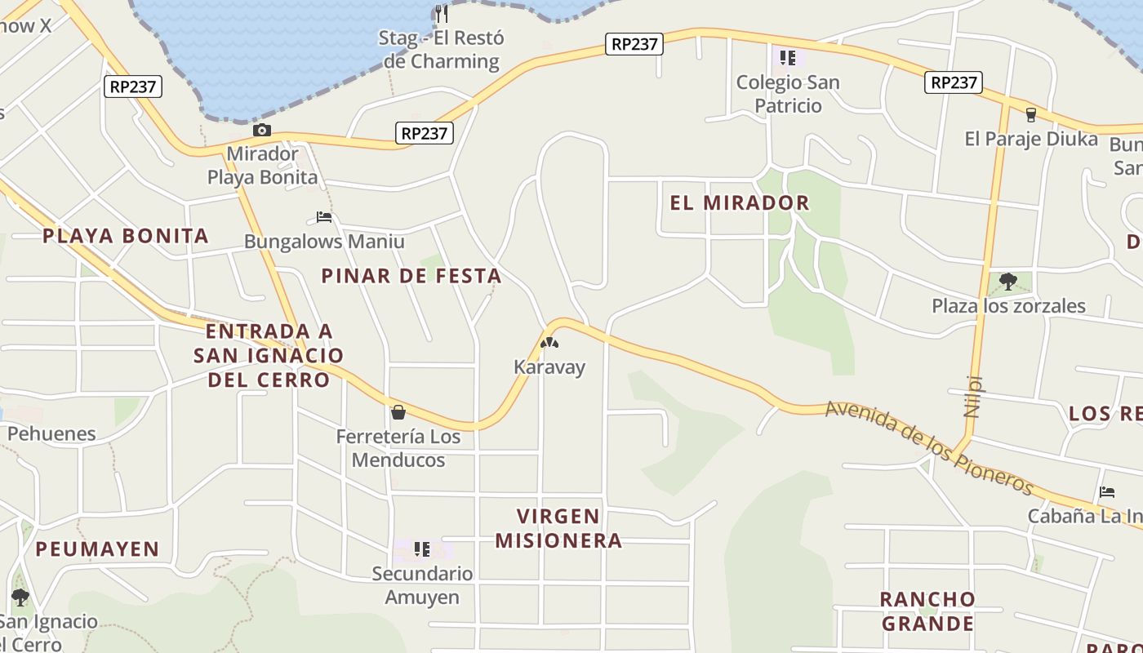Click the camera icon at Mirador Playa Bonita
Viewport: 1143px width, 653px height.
pyautogui.click(x=261, y=131)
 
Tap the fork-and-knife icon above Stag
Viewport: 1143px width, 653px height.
pyautogui.click(x=442, y=13)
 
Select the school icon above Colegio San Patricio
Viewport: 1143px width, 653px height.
pyautogui.click(x=788, y=57)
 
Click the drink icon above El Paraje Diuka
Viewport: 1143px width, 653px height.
pyautogui.click(x=1030, y=114)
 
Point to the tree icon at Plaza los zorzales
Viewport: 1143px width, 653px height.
pyautogui.click(x=1008, y=282)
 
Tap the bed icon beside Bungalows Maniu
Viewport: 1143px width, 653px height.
pyautogui.click(x=324, y=217)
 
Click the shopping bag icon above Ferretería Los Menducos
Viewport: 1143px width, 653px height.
pyautogui.click(x=398, y=412)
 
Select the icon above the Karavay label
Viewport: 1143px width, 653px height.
pyautogui.click(x=549, y=343)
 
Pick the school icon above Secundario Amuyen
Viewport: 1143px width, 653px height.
pyautogui.click(x=421, y=549)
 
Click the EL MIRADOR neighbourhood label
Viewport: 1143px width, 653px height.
pyautogui.click(x=740, y=202)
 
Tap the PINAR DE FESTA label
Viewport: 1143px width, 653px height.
pyautogui.click(x=411, y=276)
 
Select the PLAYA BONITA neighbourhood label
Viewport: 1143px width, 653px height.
pyautogui.click(x=126, y=236)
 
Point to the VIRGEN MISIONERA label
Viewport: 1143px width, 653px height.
pyautogui.click(x=558, y=528)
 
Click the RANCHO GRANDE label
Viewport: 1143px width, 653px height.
pyautogui.click(x=927, y=611)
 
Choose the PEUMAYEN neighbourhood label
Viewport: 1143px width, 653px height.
pyautogui.click(x=97, y=549)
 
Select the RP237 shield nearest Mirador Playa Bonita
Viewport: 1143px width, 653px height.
pyautogui.click(x=425, y=133)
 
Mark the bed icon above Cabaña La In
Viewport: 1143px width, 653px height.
pyautogui.click(x=1107, y=491)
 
